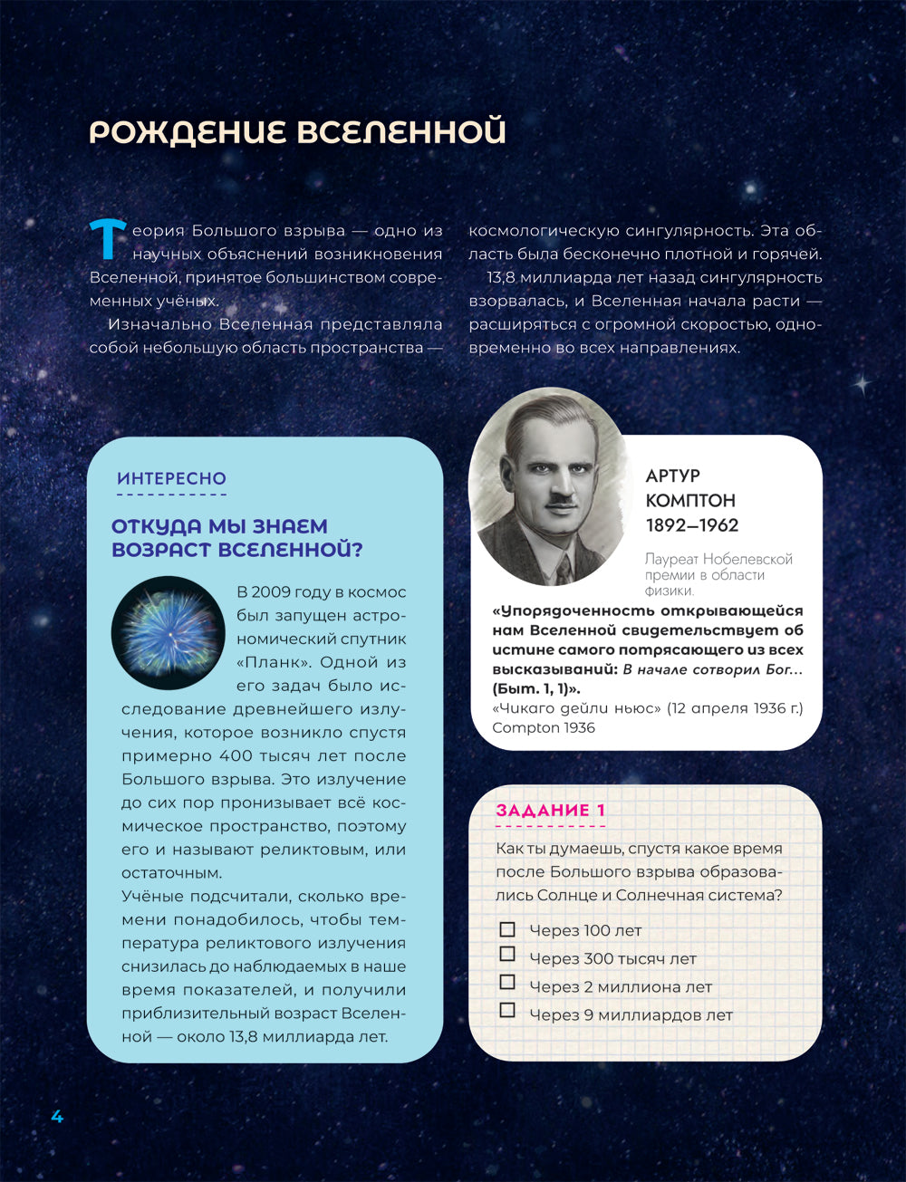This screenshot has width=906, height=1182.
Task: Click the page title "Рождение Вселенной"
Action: point(297,132)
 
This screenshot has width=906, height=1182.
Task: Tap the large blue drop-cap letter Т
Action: point(107,237)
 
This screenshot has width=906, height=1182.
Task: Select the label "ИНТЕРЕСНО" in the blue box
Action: point(171,478)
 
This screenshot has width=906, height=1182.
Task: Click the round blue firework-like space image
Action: point(168,632)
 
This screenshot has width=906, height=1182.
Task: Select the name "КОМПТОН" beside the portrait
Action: point(690,500)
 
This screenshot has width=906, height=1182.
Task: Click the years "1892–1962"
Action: point(692,525)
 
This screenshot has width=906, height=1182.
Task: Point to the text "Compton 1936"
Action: point(544,728)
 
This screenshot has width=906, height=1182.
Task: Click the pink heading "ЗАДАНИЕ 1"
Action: point(550,811)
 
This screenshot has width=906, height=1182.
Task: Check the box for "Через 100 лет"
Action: point(507,929)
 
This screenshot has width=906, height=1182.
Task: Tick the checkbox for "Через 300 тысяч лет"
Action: point(507,955)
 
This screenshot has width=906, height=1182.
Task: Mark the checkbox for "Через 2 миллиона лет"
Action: point(507,983)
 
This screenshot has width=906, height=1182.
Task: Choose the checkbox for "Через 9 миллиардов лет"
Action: point(507,1011)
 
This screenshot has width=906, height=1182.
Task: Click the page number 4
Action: point(57,1117)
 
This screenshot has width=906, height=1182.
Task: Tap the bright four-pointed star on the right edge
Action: point(862,384)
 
